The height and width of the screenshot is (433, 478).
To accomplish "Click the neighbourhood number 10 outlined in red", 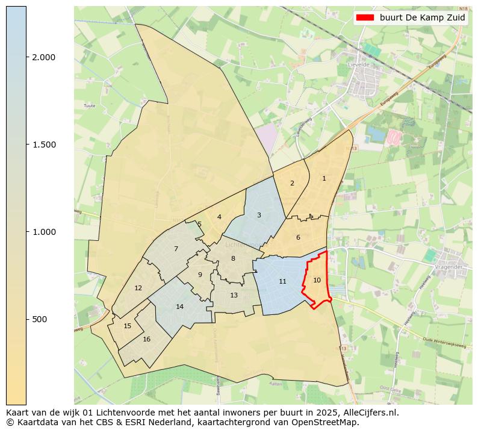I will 317,280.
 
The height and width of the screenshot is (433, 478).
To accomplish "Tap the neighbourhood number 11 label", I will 282,282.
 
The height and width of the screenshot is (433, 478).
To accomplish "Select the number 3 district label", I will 259,215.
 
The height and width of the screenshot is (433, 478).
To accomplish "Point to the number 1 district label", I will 324,178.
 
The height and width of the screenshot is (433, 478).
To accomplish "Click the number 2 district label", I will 292,183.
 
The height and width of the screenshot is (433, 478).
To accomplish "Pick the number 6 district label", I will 298,237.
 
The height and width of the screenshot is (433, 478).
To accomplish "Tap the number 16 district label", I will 146,339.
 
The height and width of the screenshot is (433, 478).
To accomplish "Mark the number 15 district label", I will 127,326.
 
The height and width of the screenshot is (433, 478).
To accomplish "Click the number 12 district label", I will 138,288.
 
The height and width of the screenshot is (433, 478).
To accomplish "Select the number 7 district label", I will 176,249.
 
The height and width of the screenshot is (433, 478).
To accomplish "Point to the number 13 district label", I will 234,295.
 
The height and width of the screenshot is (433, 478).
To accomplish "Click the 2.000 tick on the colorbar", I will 43,57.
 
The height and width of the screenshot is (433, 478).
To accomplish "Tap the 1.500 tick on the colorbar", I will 43,145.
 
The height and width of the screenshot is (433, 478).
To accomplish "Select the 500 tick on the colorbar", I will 40,319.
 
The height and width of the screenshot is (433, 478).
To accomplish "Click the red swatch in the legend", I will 365,17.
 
